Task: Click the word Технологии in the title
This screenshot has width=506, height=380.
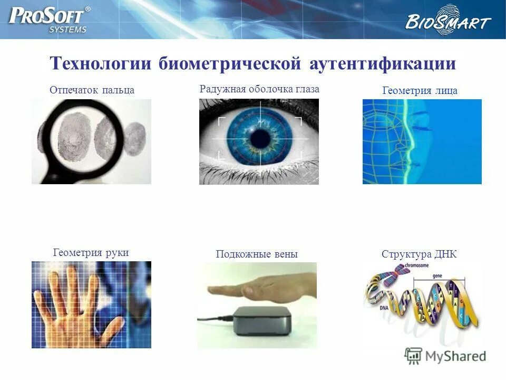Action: coord(100,64)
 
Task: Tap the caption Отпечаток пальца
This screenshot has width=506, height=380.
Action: coord(92,90)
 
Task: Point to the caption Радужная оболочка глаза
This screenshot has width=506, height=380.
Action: coord(259,89)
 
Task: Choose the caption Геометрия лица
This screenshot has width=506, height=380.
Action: coord(420,91)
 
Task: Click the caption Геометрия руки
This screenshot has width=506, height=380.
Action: coord(91,252)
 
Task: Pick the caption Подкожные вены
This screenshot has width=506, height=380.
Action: coord(257,254)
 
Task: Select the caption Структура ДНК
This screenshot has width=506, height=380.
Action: coord(419,254)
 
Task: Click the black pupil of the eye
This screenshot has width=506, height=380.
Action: coord(259,139)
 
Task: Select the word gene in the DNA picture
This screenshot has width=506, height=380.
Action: coord(437,275)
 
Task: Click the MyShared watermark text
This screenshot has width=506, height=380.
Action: coord(456,356)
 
